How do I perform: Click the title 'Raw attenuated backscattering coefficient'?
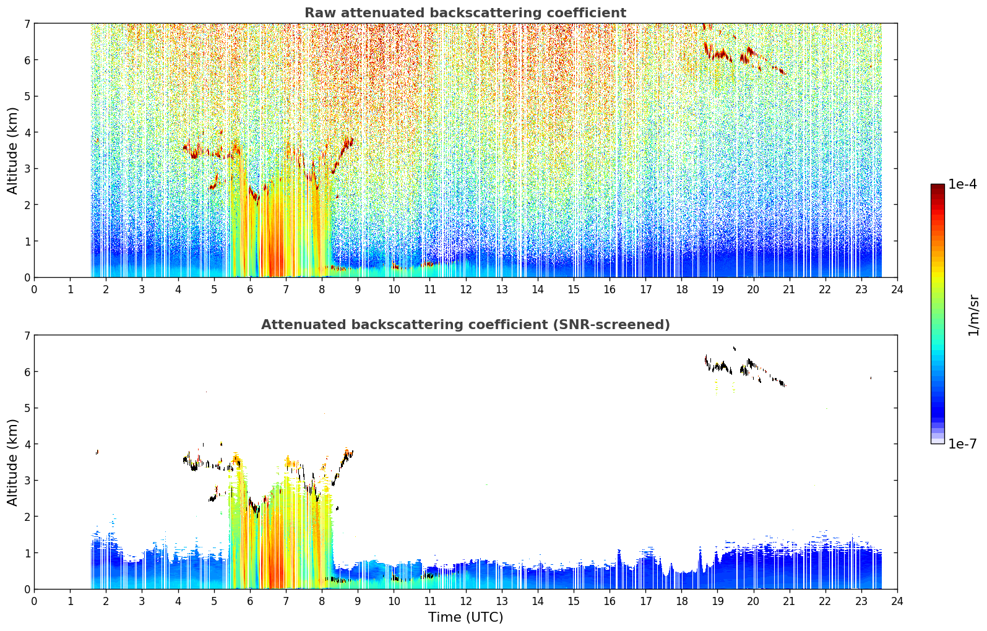pos(465,13)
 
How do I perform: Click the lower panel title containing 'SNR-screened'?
pos(465,324)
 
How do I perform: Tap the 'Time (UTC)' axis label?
pos(465,617)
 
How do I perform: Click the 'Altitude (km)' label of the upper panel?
pos(12,150)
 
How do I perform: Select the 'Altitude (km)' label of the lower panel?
pos(12,462)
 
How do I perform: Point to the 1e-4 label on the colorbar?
pos(962,184)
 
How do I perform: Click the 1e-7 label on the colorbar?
pos(962,444)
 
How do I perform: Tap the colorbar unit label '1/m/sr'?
pos(973,315)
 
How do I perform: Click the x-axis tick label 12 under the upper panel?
pos(466,290)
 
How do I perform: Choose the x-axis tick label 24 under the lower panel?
pos(897,601)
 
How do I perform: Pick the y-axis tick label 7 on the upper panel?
pos(27,24)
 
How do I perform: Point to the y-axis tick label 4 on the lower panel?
pos(27,444)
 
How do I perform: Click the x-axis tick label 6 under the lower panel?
pos(250,601)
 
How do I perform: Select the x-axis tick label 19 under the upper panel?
pos(717,290)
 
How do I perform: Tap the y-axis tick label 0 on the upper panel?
pos(27,278)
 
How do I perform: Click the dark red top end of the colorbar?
pos(937,186)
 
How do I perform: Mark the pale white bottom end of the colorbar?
pos(937,440)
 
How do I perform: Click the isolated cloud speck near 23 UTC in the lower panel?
pos(871,377)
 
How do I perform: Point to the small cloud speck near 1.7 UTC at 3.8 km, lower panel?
pos(97,452)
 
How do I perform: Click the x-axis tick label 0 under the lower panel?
pos(35,601)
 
